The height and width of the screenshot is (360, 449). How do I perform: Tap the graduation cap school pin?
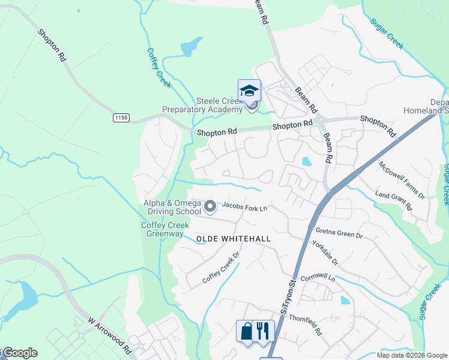(249, 92)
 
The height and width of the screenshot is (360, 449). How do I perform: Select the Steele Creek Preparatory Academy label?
(202, 105)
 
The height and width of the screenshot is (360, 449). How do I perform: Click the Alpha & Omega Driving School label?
(172, 207)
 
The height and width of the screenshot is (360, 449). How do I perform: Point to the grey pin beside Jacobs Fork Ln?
(210, 207)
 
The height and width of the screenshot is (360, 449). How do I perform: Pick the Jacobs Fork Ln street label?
(244, 206)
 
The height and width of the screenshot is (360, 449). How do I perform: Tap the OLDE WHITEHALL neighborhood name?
(234, 239)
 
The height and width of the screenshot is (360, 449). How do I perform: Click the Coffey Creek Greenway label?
(165, 229)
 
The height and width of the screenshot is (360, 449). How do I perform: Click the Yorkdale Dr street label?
(325, 253)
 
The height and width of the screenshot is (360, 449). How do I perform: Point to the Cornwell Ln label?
(318, 278)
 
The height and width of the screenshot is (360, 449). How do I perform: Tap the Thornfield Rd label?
(306, 325)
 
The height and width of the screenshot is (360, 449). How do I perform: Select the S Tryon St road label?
(288, 298)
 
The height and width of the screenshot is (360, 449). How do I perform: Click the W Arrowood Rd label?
(110, 335)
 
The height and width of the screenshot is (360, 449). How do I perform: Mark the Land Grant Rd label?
(394, 200)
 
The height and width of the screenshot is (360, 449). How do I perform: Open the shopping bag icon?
(247, 331)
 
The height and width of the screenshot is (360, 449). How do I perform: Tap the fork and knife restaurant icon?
(263, 331)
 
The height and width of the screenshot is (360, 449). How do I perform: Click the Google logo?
(19, 353)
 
